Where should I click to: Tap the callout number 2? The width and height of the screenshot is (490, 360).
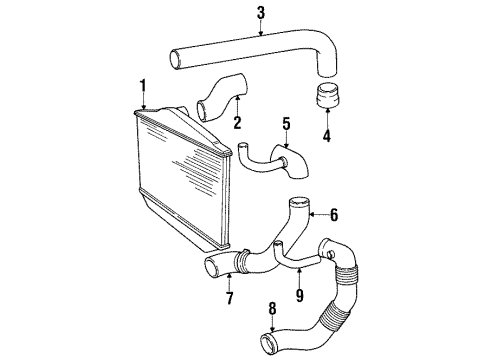click(x=238, y=124)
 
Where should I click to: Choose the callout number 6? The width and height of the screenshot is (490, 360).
click(x=335, y=213)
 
